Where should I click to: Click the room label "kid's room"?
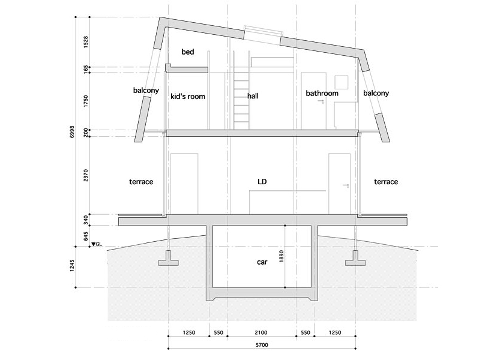(x=188, y=96)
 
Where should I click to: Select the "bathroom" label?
(x=322, y=93)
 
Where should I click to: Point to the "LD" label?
(x=262, y=181)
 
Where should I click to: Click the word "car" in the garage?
(x=261, y=262)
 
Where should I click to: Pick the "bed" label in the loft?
(x=188, y=53)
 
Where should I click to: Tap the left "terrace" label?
(x=142, y=181)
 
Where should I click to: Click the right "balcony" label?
(x=376, y=93)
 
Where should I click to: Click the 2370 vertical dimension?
(x=86, y=175)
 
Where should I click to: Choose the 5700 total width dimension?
(x=261, y=344)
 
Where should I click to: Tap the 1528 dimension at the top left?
(x=86, y=41)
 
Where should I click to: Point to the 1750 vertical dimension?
(x=86, y=101)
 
